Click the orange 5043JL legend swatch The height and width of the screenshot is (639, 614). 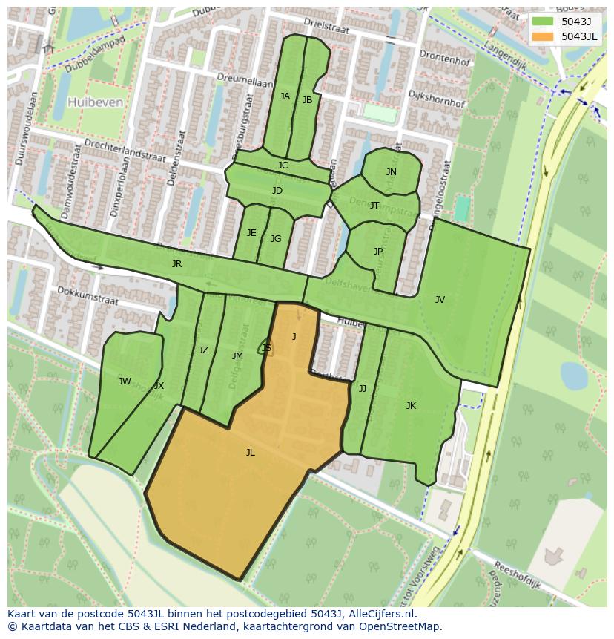pos(543,36)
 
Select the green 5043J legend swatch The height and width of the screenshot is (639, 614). pos(543,21)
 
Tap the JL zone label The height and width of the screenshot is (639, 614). pos(251,452)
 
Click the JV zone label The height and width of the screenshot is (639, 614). pos(440,300)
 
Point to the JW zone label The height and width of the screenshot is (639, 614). pos(125,381)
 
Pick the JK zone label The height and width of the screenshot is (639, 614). pos(411,406)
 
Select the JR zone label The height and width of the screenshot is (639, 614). pos(176,264)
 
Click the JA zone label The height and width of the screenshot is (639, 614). pos(285,96)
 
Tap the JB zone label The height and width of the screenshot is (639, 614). pos(307,100)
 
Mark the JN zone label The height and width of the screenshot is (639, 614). pos(391,172)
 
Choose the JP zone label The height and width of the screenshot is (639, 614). pos(378,252)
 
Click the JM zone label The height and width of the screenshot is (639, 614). pos(237,356)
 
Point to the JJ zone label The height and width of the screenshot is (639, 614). pos(363,388)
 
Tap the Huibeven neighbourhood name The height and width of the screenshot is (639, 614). pos(95,102)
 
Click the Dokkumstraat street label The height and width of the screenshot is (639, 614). pos(88,301)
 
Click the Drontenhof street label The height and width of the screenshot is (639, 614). pos(444,58)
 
